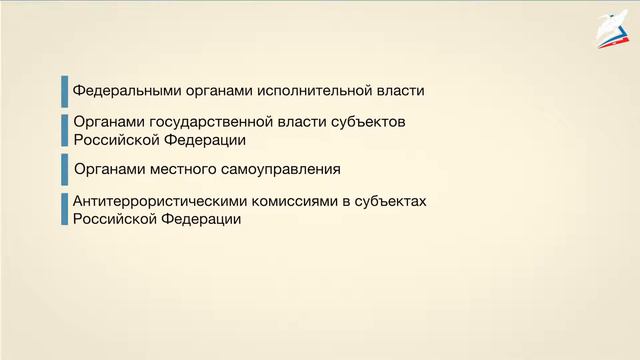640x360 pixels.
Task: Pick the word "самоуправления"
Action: click(278, 168)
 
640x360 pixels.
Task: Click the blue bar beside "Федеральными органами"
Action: click(64, 91)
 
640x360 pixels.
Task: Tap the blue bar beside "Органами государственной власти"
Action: click(64, 131)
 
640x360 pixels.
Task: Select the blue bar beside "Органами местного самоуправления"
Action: click(64, 168)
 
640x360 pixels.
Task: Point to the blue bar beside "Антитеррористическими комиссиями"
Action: click(64, 209)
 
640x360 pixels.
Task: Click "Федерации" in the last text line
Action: click(205, 218)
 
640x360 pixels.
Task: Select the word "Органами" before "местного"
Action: click(105, 168)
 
